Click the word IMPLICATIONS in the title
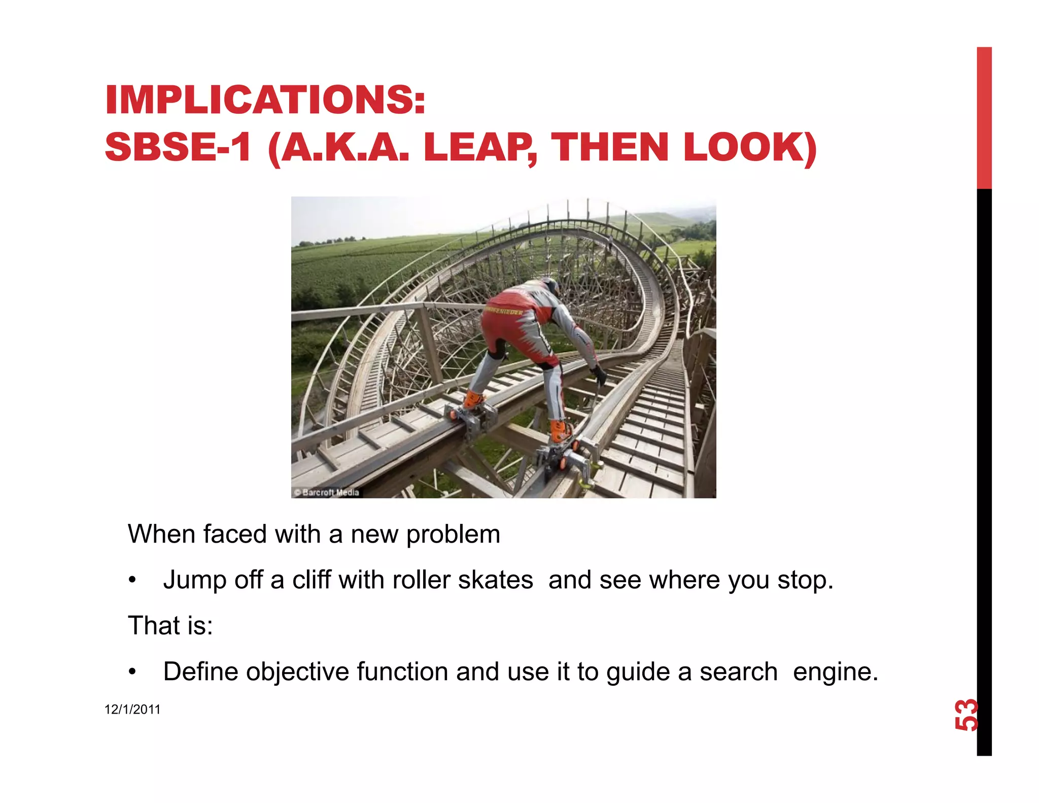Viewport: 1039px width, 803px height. pos(264,99)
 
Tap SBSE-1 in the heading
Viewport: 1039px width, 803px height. pos(178,147)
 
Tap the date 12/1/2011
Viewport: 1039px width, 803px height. pos(132,710)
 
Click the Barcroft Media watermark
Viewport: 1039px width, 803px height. pos(327,492)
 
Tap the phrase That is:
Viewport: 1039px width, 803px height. pos(170,625)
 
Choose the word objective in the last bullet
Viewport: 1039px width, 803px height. pos(297,672)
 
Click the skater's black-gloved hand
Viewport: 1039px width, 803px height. pos(600,375)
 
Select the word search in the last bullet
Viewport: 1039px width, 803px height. pos(738,672)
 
